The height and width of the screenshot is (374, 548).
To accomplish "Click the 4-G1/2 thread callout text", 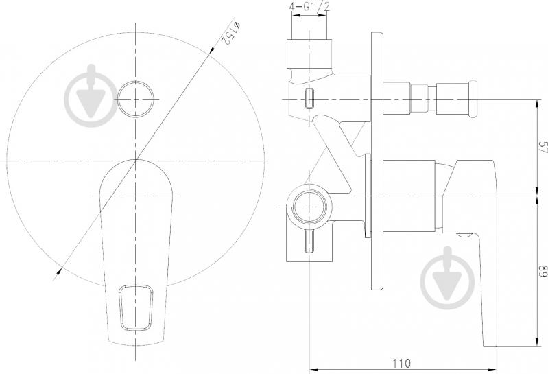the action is (x=310, y=8).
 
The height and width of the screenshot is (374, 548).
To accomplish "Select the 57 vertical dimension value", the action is (x=543, y=147).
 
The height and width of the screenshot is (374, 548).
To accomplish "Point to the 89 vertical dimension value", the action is (x=543, y=271).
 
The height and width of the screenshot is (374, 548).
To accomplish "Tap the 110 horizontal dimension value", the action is (x=401, y=364).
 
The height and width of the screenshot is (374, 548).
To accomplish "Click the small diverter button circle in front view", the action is (x=136, y=99).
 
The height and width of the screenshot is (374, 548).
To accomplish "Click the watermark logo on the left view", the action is (x=92, y=95).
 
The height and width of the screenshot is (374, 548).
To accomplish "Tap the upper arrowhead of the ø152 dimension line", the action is (x=211, y=51).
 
